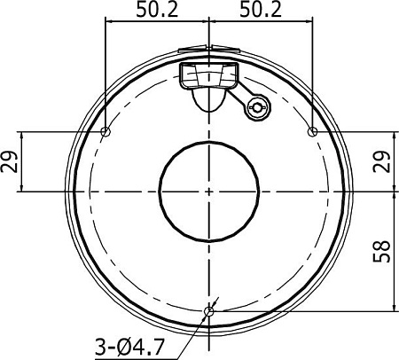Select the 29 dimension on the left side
pyautogui.click(x=10, y=161)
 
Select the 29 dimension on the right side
pyautogui.click(x=383, y=161)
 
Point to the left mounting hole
pyautogui.click(x=106, y=132)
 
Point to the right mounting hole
pyautogui.click(x=311, y=132)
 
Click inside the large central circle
pyautogui.click(x=208, y=191)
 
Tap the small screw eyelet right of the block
pyautogui.click(x=257, y=108)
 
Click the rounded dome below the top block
pyautogui.click(x=209, y=98)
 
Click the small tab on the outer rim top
pyautogui.click(x=195, y=51)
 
